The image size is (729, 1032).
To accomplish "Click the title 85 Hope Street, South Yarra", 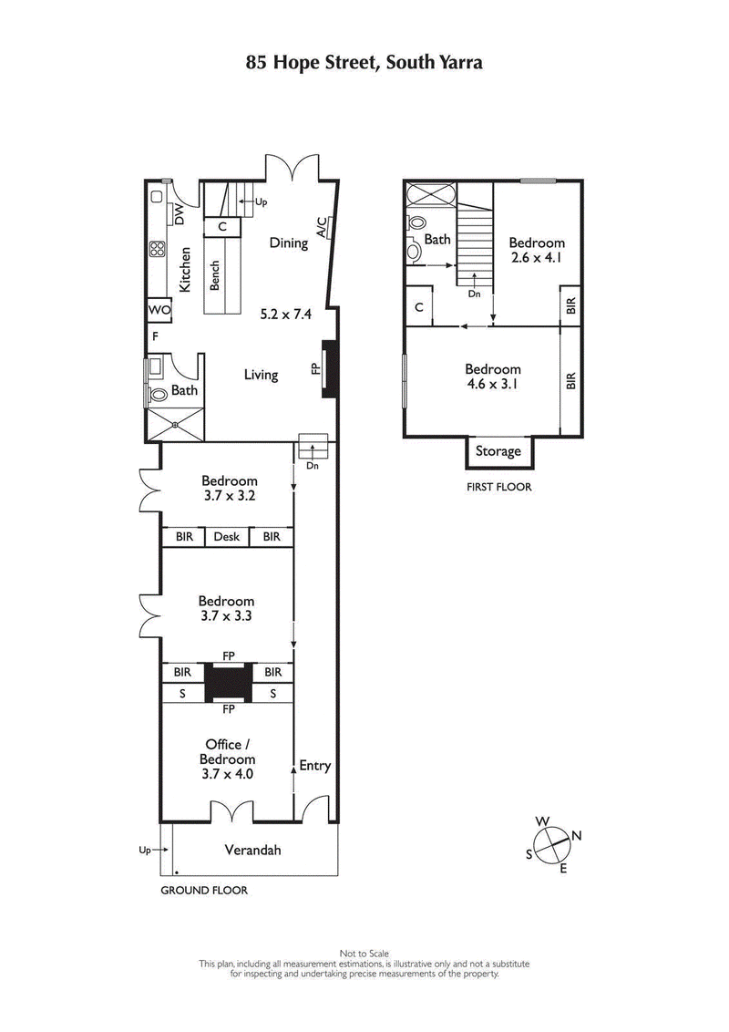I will pos(364,63).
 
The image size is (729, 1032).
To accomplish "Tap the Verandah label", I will pos(252,851).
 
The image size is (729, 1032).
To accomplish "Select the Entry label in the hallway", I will pos(315,766).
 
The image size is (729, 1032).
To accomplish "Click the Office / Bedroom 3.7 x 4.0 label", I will pos(227,759).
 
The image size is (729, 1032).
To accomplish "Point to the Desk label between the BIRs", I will pos(227,537).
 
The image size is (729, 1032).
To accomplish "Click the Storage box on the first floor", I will pos(498,451).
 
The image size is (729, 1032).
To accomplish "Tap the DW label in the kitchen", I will pos(180,215).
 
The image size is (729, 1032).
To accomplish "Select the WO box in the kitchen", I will pos(159,310).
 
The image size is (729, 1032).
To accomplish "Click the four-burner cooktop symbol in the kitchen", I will pos(157,248).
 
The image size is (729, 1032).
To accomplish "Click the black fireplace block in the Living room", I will pos(330,369).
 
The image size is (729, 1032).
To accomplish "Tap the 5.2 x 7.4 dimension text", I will pos(285,315).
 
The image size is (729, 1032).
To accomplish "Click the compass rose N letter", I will pos(576,835).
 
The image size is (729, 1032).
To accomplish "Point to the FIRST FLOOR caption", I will pos(498,487).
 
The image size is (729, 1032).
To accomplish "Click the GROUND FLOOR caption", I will pos(204,890).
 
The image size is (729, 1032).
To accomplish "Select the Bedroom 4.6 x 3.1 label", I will pos(493,377).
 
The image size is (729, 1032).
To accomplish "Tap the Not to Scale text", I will pos(364,954).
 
